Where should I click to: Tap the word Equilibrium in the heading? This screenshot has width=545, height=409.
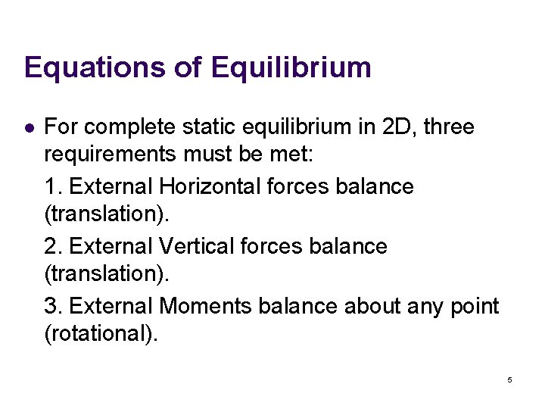291,67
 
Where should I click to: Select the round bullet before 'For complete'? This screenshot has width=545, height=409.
29,127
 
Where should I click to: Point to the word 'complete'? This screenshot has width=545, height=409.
131,127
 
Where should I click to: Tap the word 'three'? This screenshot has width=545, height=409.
449,126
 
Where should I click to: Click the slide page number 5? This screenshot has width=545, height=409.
509,379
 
